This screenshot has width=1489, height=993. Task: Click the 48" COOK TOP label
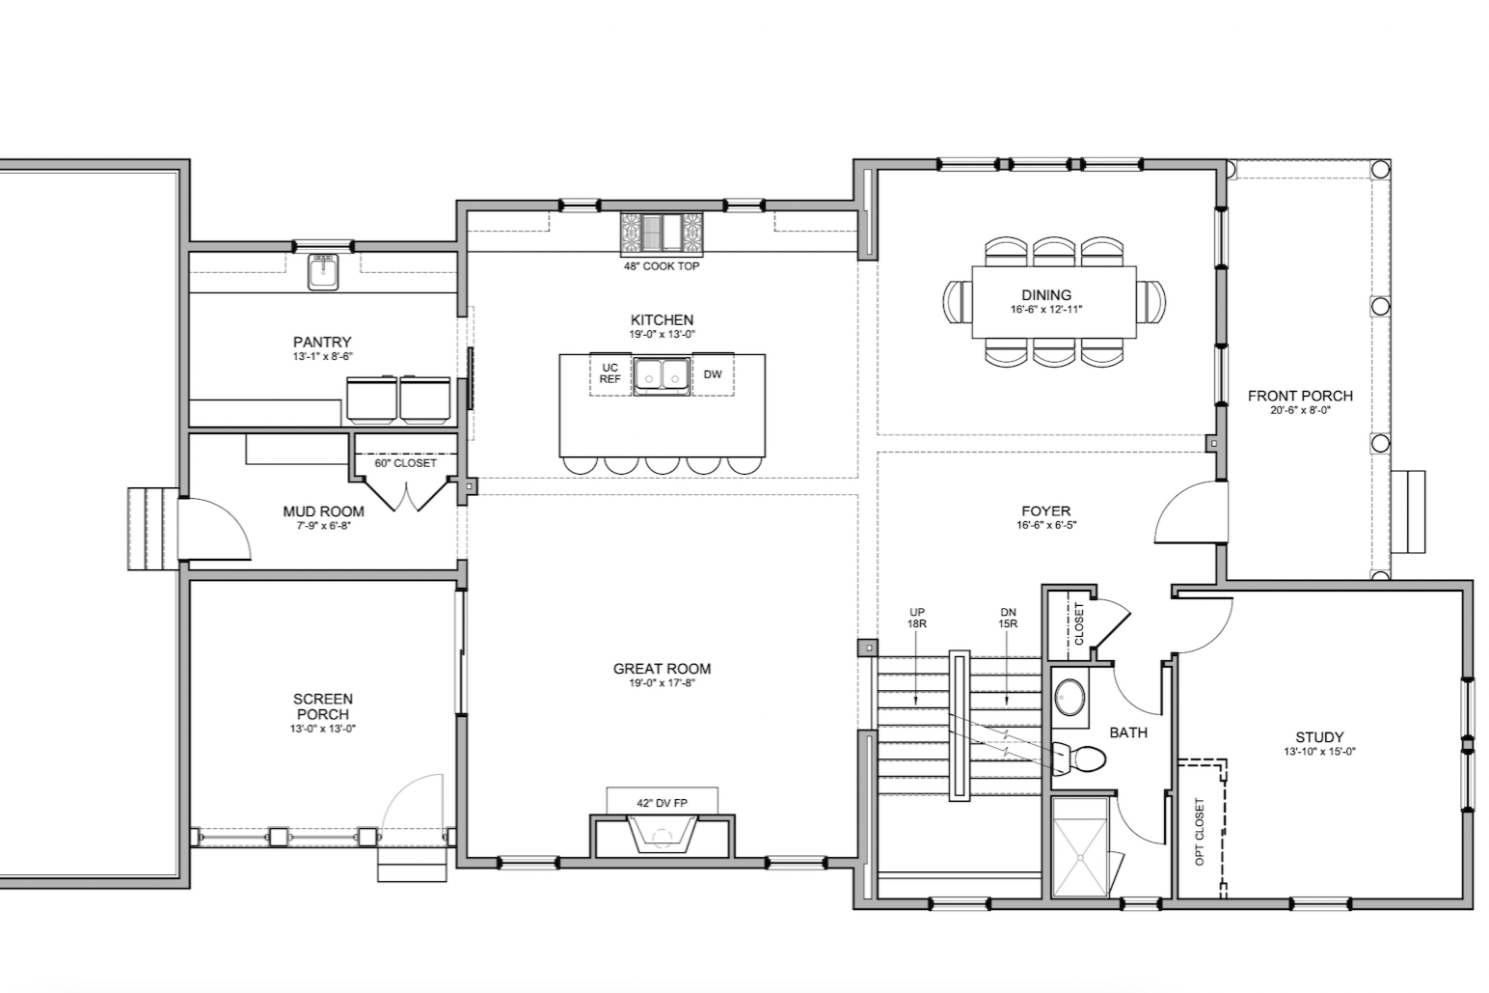point(662,266)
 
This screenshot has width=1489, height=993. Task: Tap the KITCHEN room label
point(663,320)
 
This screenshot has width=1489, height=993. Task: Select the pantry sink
point(323,272)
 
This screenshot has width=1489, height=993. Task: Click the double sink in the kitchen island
point(662,376)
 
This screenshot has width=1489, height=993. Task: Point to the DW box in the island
point(714,374)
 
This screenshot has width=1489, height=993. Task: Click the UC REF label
point(610,373)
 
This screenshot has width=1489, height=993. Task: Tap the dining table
point(1054,302)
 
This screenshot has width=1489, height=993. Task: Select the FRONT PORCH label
point(1300,396)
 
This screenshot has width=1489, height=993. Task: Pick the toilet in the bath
point(1079,758)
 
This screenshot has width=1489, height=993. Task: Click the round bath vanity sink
point(1070,697)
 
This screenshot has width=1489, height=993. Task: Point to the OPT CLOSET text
point(1199,832)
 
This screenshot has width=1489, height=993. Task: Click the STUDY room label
point(1319,737)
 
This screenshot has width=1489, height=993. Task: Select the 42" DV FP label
point(663,803)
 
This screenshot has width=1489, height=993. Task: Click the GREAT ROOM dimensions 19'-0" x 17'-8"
point(663,683)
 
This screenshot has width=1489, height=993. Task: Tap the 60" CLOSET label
point(405,463)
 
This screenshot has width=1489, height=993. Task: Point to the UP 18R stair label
point(917,618)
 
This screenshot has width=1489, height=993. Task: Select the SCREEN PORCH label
point(323,706)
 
